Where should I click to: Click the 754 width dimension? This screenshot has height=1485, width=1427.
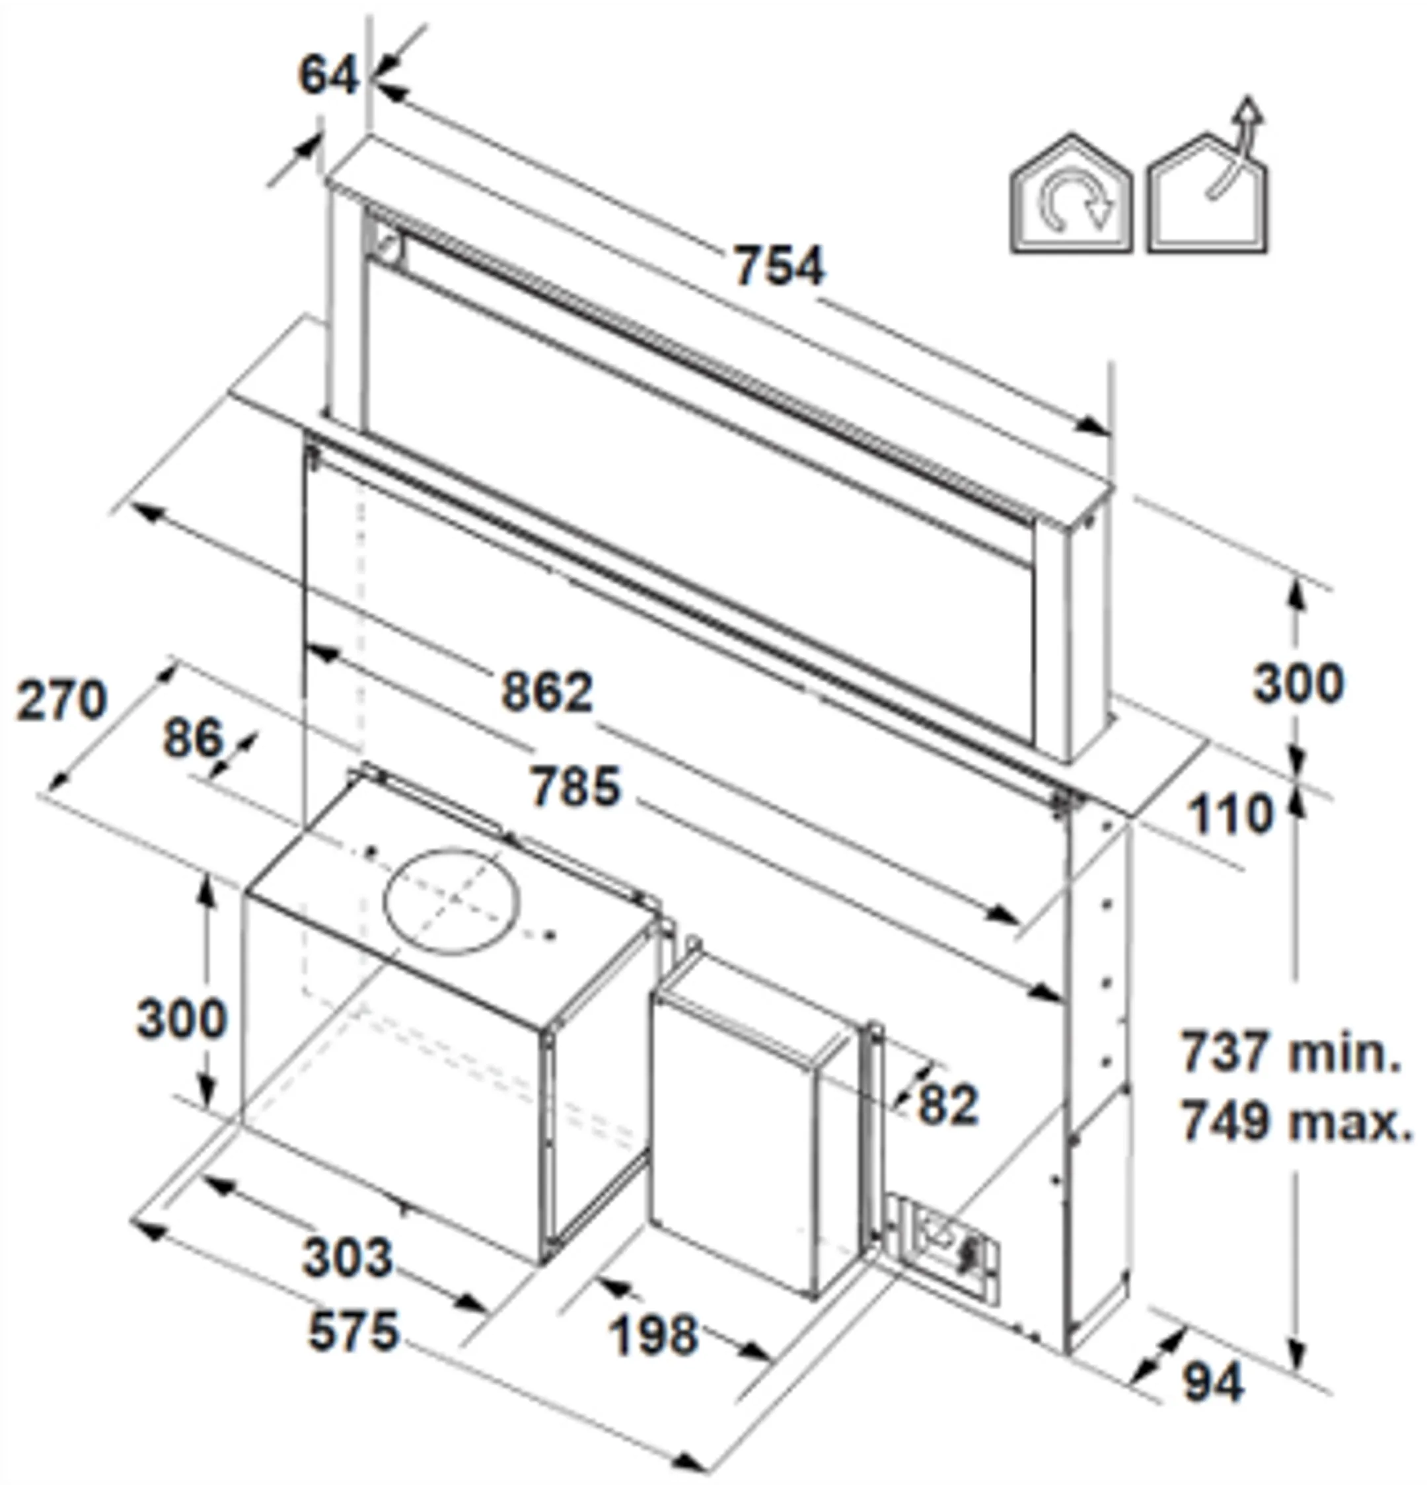tap(779, 266)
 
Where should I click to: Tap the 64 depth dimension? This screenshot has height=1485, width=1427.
tap(327, 76)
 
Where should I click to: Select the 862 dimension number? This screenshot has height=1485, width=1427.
tap(547, 692)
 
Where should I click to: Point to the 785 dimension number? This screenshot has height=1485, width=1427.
tap(575, 786)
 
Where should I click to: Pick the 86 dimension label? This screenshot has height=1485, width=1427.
tap(193, 738)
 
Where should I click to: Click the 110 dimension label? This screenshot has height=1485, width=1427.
tap(1230, 816)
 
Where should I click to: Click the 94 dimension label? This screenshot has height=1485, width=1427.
tap(1214, 1382)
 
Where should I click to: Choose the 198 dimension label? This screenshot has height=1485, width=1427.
tap(653, 1335)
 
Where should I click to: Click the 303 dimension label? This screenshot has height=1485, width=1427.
tap(348, 1257)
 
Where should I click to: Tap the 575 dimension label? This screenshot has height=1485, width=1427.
tap(353, 1331)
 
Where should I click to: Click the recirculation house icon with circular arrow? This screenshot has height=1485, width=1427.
tap(1072, 196)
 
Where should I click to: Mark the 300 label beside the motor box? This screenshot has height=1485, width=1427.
tap(182, 1019)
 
